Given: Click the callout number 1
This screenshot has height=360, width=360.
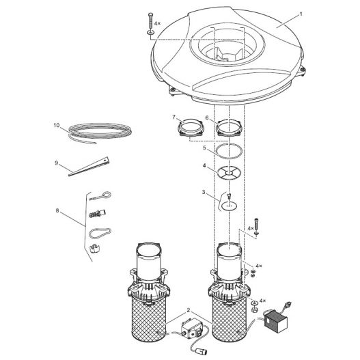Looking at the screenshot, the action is (x=301, y=14).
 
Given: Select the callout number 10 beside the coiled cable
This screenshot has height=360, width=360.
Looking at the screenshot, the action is (x=57, y=126).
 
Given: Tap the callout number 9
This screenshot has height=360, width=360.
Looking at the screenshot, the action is (x=56, y=163).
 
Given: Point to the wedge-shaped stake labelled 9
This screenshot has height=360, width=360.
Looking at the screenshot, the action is (x=89, y=167).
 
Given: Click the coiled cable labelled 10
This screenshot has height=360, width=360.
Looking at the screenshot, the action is (x=100, y=132).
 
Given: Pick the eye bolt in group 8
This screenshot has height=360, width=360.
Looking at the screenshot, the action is (x=100, y=197).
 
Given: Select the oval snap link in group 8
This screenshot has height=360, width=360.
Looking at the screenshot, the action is (x=100, y=233).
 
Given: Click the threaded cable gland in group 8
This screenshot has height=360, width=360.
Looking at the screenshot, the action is (x=97, y=214).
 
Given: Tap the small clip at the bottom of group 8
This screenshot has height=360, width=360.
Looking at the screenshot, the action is (x=94, y=249).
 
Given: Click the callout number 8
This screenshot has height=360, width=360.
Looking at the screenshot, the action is (x=57, y=210).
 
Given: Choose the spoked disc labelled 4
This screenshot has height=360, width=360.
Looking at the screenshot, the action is (x=229, y=171).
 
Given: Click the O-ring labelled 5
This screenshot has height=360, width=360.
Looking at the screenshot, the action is (x=229, y=151).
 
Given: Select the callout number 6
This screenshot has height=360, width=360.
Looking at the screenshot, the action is (x=207, y=117).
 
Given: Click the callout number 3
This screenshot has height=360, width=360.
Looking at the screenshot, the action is (x=204, y=192).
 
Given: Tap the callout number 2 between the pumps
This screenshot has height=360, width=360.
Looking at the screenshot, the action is (x=189, y=310).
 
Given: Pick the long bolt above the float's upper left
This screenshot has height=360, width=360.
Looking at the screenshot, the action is (x=150, y=24).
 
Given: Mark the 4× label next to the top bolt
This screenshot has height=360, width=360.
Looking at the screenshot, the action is (x=158, y=23).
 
